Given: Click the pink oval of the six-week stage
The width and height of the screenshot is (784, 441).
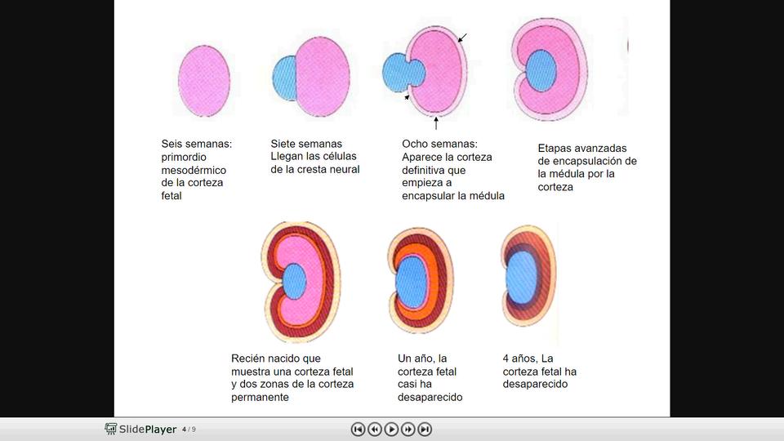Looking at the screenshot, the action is pyautogui.click(x=203, y=80).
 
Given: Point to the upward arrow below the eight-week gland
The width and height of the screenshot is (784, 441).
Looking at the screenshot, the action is pyautogui.click(x=437, y=123).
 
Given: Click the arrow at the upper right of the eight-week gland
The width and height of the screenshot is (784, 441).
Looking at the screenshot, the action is pyautogui.click(x=463, y=37).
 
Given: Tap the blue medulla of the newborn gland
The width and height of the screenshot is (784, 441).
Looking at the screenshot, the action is pyautogui.click(x=294, y=281).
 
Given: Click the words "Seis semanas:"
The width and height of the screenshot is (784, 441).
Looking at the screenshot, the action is pyautogui.click(x=196, y=144).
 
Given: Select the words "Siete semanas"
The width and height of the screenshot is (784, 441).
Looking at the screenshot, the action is pyautogui.click(x=306, y=144).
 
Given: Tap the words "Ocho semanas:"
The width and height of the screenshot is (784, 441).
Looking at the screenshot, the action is pyautogui.click(x=439, y=144).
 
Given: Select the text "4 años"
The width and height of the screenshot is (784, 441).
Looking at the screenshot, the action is pyautogui.click(x=520, y=359).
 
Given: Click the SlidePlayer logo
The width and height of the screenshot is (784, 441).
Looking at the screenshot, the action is pyautogui.click(x=140, y=429).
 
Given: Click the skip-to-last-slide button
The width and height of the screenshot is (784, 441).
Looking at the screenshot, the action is pyautogui.click(x=425, y=429).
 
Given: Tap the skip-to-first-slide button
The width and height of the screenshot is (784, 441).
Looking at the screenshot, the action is pyautogui.click(x=358, y=429).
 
